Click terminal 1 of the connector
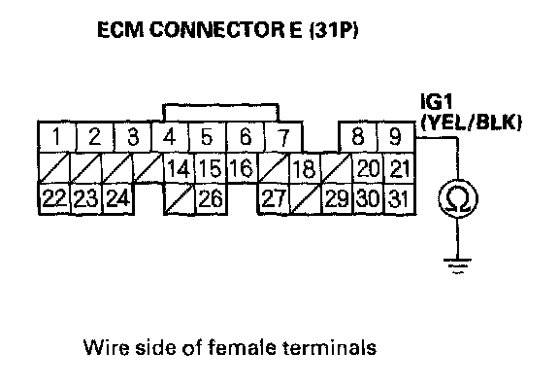click(57, 137)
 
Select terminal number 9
click(396, 137)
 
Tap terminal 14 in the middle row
click(180, 168)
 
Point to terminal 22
click(54, 198)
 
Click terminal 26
click(211, 198)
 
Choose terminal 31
click(399, 198)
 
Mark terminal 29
click(337, 198)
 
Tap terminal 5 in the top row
click(207, 137)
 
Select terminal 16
click(243, 168)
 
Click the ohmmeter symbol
click(458, 198)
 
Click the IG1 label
click(437, 101)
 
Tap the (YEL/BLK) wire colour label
click(472, 123)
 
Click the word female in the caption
click(242, 347)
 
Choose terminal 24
click(118, 198)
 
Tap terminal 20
click(368, 168)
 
